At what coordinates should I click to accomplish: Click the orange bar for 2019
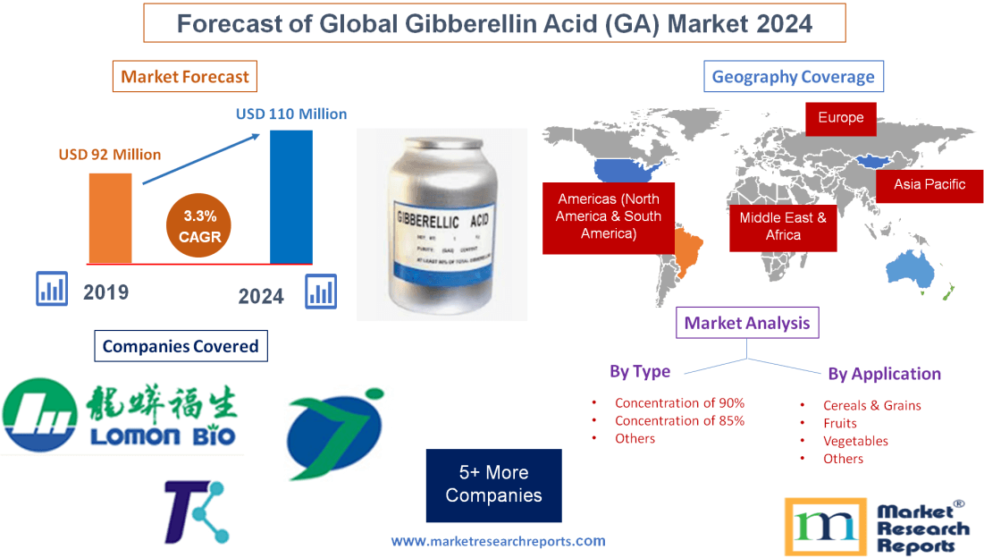(x=110, y=217)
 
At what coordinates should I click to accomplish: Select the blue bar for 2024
(x=291, y=197)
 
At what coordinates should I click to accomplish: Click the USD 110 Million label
(x=291, y=114)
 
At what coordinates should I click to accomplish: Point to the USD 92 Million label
(x=110, y=155)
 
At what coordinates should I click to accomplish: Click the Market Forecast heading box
(x=185, y=77)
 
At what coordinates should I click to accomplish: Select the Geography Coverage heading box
(x=793, y=77)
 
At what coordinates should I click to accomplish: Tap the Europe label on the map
(x=840, y=118)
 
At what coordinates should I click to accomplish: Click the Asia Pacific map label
(x=929, y=184)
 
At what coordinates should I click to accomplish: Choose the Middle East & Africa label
(x=783, y=226)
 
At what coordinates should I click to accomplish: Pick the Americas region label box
(x=608, y=217)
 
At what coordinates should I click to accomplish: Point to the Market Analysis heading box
(x=747, y=323)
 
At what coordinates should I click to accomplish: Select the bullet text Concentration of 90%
(x=679, y=403)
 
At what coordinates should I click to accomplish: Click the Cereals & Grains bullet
(x=871, y=405)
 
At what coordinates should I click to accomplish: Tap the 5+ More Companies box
(x=493, y=485)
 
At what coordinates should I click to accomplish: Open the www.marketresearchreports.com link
(x=498, y=541)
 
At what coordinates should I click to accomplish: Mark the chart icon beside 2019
(x=52, y=290)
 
